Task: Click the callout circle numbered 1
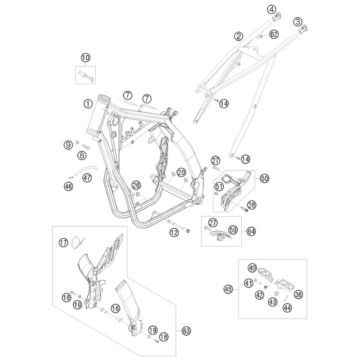(88, 104)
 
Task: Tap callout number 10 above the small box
(85, 58)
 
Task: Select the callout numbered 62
(274, 35)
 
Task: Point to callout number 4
(272, 9)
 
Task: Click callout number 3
(298, 22)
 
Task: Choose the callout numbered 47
(87, 177)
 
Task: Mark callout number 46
(68, 186)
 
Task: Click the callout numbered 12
(174, 233)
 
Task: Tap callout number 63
(186, 331)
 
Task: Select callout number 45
(229, 289)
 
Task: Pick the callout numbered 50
(265, 178)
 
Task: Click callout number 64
(251, 231)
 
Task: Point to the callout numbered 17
(63, 243)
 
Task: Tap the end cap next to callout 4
(277, 16)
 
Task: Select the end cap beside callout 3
(302, 28)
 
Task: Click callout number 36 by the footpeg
(298, 294)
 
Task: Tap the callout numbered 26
(136, 185)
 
